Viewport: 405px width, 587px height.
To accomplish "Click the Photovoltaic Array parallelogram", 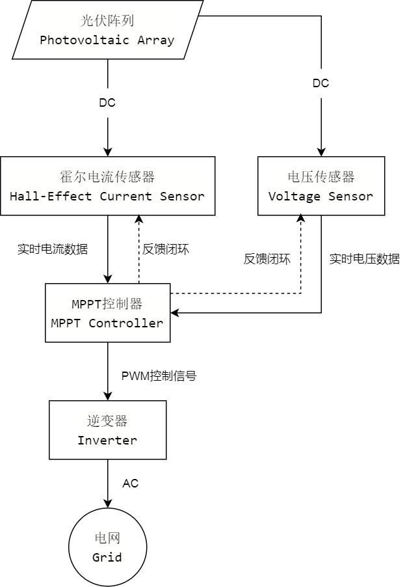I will pos(107,30).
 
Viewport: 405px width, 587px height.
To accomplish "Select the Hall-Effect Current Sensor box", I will pos(107,186).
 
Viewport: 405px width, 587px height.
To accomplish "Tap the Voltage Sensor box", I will pos(321,186).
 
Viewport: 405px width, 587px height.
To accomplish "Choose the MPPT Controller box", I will pos(107,313).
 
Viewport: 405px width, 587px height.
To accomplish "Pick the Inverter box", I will pos(107,430).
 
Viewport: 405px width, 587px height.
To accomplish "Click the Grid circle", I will pos(107,548).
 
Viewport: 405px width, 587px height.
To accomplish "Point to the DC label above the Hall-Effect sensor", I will pos(107,103).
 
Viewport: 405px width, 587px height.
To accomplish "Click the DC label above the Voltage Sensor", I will pos(321,83).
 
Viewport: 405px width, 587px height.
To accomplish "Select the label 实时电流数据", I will pos(53,249).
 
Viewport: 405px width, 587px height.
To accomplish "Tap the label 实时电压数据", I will pos(364,258).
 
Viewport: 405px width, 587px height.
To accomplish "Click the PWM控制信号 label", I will pos(159,375).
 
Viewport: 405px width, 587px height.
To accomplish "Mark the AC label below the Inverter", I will pos(131,484).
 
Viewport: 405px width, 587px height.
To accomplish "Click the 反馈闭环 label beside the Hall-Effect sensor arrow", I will pos(165,249).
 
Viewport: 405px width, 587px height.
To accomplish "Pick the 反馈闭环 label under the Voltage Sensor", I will pos(267,258).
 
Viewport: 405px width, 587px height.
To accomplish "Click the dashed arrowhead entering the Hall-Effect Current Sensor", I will pos(139,220).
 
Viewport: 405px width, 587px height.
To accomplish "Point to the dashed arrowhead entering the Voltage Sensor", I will pos(301,220).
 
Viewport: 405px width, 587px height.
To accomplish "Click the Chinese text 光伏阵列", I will pos(107,21).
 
